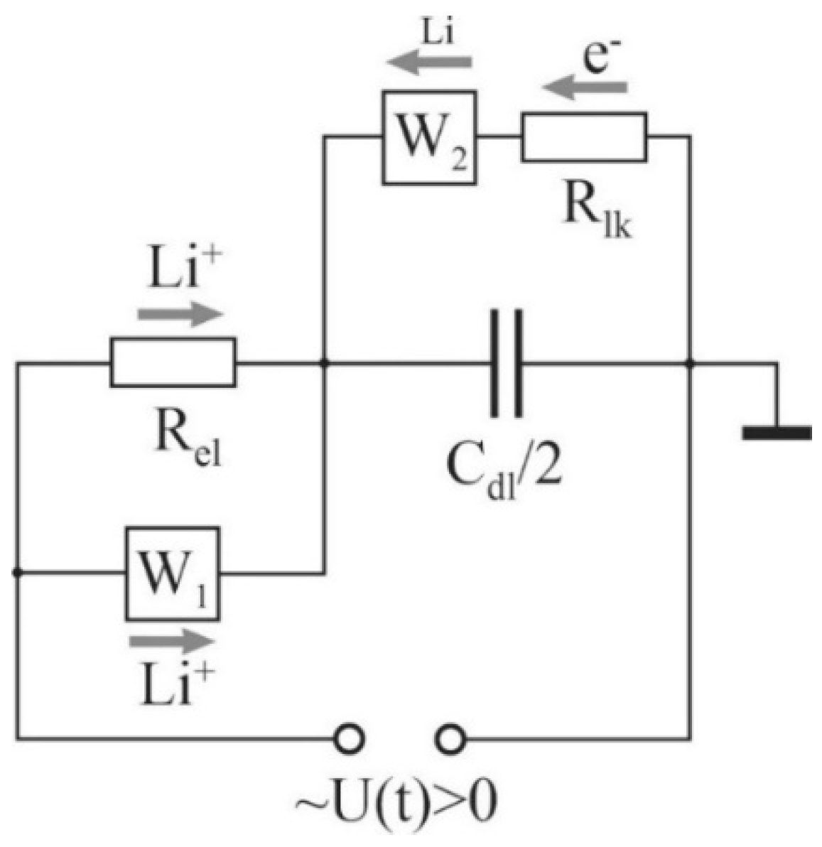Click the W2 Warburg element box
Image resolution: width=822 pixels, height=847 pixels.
429,137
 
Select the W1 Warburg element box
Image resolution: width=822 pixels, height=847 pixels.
173,573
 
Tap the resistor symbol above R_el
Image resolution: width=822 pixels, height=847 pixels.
173,363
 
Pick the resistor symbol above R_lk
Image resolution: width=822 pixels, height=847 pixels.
584,136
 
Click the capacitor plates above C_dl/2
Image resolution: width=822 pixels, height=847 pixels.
507,363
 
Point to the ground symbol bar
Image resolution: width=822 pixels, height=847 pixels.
777,432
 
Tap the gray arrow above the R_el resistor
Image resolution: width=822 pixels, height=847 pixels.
180,313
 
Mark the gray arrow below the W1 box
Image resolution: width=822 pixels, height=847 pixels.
172,642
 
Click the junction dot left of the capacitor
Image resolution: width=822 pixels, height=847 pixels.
324,363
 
